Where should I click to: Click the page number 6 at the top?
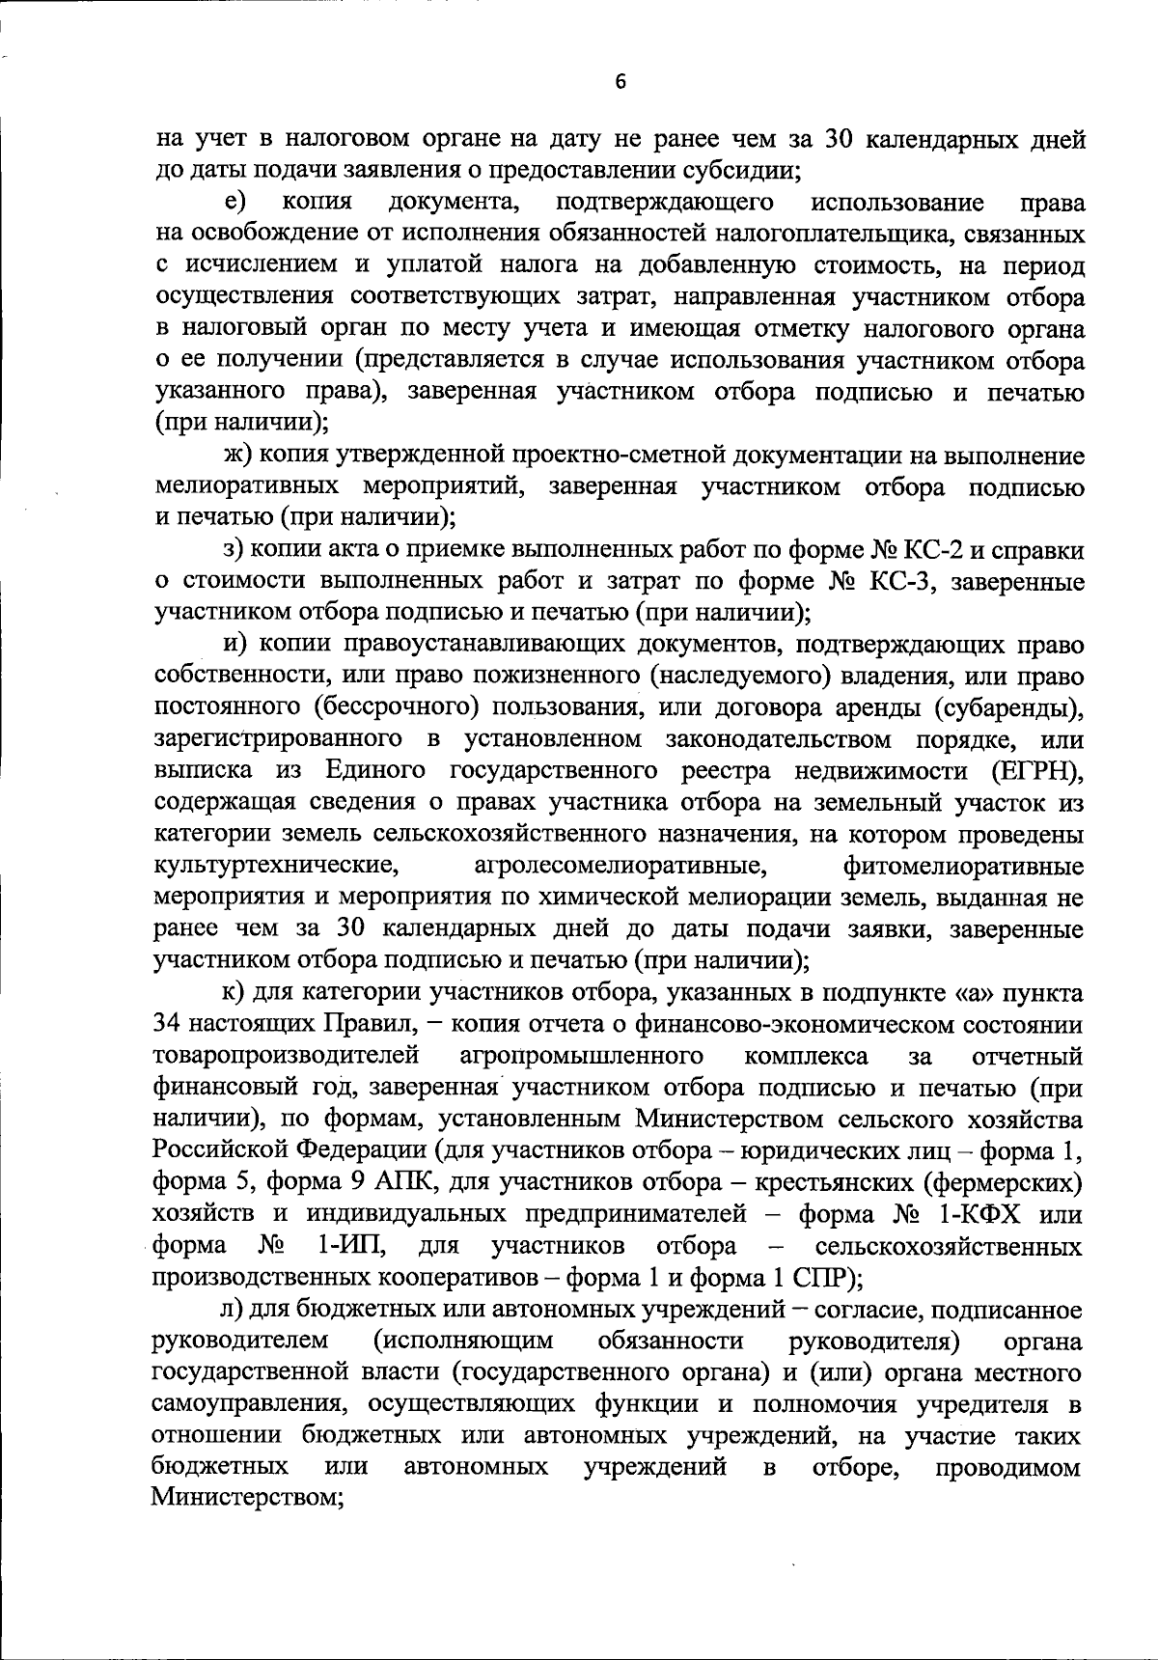(620, 83)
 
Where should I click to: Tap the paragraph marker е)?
(234, 203)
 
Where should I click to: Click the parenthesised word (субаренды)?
(1007, 707)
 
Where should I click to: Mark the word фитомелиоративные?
(963, 866)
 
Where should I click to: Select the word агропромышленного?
(581, 1054)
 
